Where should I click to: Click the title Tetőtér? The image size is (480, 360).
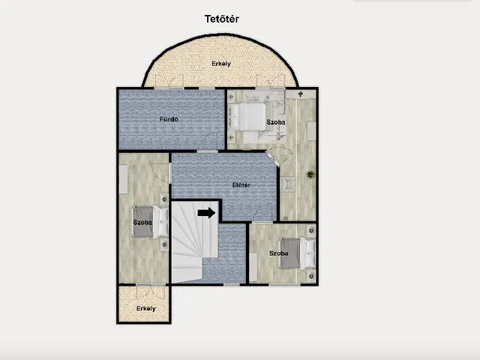tap(222, 19)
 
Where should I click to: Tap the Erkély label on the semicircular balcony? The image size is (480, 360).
tap(221, 64)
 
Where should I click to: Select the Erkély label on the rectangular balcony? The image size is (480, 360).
tap(145, 308)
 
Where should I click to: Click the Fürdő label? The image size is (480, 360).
tap(169, 119)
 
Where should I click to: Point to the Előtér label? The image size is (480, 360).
tap(241, 185)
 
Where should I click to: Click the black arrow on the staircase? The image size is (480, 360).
tap(207, 213)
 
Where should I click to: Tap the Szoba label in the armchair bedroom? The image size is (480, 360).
tap(276, 122)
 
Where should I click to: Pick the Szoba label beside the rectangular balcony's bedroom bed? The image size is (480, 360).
tap(142, 222)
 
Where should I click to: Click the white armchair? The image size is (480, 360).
tap(288, 184)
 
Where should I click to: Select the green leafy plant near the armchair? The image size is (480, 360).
tap(310, 175)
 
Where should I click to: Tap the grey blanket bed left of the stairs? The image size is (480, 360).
tap(150, 222)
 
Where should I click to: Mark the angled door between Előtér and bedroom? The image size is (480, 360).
tap(273, 159)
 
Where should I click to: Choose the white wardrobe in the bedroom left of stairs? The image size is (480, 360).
tap(123, 179)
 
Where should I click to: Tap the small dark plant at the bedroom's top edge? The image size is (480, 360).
tap(300, 94)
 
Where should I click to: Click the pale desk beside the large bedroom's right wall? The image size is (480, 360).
tap(311, 131)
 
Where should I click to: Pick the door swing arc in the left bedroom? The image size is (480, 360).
tap(158, 174)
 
